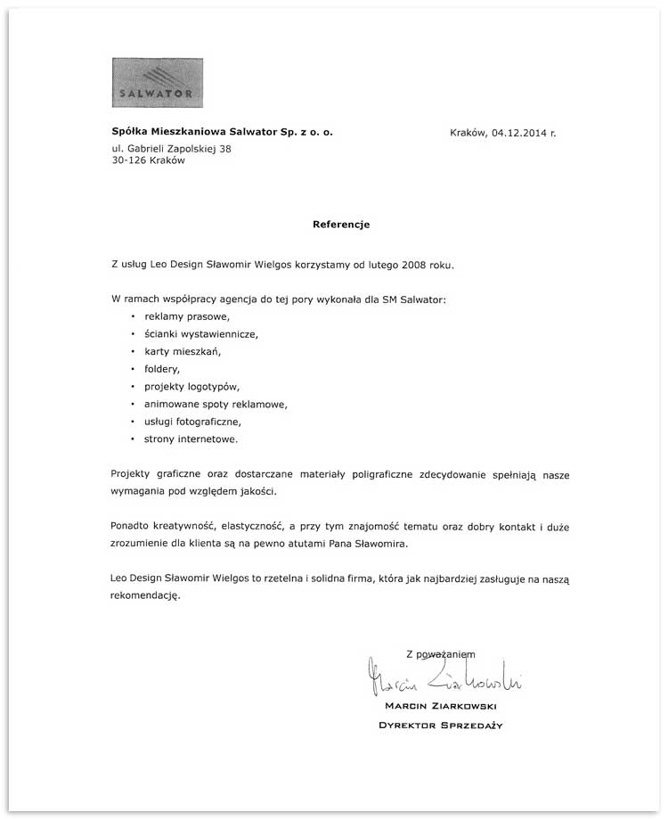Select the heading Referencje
(341, 225)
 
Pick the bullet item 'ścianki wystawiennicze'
(200, 334)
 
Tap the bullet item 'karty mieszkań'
(183, 351)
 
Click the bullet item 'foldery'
(162, 369)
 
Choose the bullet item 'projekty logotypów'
(191, 387)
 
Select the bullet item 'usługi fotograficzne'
(192, 422)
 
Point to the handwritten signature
(444, 679)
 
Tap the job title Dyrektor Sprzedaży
(441, 726)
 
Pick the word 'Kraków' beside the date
(468, 133)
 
